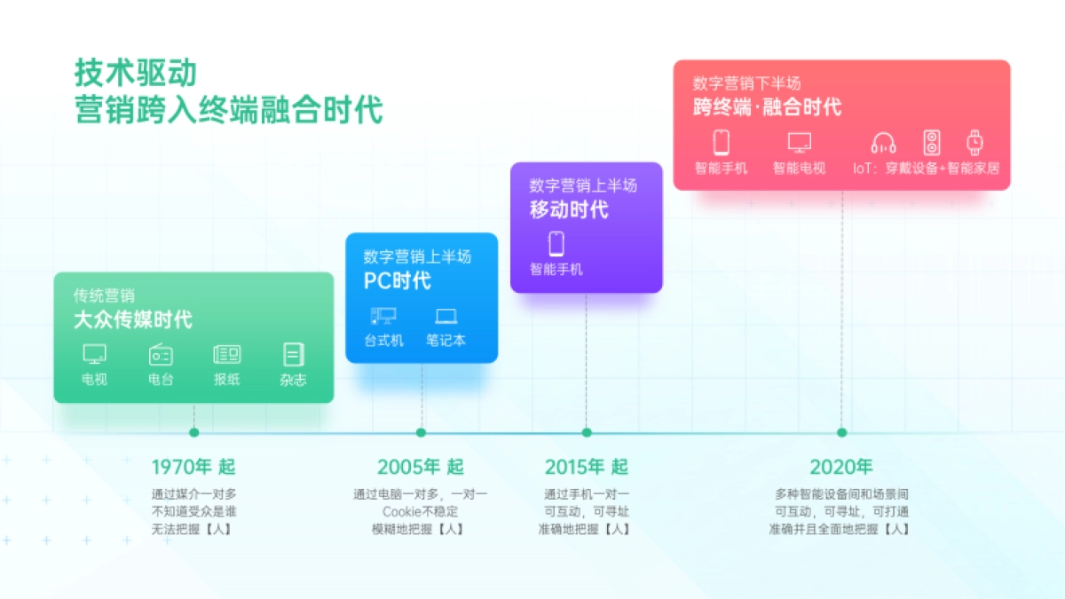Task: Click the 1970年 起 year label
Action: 193,467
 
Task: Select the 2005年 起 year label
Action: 420,467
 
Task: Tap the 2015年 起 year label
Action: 586,467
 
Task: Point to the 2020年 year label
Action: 840,467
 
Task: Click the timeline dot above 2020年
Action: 841,433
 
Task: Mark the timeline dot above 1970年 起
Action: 193,433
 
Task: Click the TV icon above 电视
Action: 94,354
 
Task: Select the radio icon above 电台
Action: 161,354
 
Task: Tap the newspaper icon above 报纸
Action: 226,354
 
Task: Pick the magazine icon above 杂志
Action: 293,354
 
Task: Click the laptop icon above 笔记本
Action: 446,316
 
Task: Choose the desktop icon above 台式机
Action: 383,316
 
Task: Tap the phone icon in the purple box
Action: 556,243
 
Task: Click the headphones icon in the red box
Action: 883,142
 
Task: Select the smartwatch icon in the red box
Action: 974,142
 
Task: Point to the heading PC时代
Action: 397,281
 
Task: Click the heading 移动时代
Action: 569,210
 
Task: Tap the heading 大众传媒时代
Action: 132,319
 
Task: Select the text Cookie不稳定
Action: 420,511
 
